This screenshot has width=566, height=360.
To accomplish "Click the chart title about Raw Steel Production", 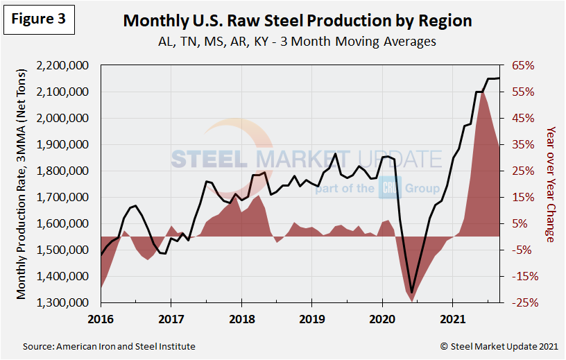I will pos(297,20).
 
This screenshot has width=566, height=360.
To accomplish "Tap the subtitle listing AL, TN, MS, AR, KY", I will pos(297,42).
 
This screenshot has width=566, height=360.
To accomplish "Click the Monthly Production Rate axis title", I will pos(22,184).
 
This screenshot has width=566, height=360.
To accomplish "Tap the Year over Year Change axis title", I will pos(550,184).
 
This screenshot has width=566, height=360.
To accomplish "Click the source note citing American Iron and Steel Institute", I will pos(109,346).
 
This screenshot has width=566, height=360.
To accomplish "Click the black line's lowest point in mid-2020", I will pos(411,293).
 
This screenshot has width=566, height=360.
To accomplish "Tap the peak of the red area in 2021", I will pos(481,91).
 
